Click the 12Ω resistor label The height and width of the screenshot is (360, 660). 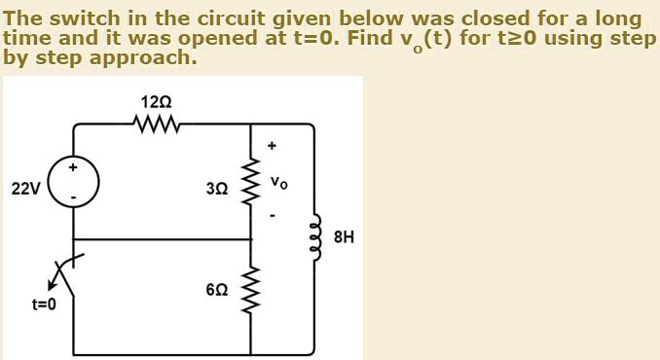156,101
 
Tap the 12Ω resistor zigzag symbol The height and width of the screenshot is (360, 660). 156,124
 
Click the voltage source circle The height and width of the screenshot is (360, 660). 74,183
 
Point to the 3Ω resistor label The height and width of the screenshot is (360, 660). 217,187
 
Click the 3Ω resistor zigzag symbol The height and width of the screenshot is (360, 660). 252,183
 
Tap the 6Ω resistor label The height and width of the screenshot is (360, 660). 217,290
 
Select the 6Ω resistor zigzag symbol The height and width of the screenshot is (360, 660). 252,290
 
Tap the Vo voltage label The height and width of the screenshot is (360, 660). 279,182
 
